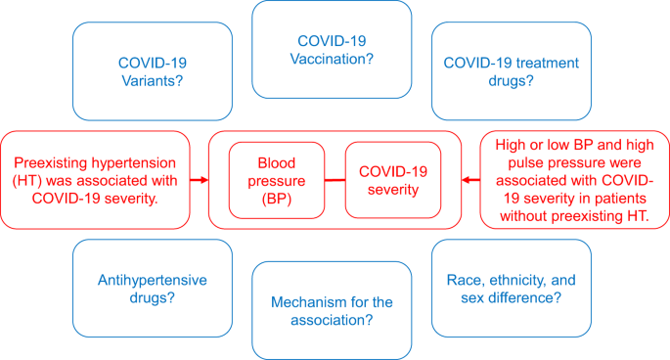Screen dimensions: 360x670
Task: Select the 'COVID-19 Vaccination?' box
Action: click(332, 49)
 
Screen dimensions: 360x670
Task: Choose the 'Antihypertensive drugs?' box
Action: click(153, 288)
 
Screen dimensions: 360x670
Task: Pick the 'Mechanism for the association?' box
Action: click(332, 309)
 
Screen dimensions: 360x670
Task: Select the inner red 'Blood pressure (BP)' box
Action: click(276, 180)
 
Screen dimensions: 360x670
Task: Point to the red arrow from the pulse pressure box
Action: click(470, 180)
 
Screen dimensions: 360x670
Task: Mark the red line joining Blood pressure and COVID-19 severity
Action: click(335, 180)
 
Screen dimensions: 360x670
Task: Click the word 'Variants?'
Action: click(153, 81)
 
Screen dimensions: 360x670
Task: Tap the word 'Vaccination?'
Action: click(332, 60)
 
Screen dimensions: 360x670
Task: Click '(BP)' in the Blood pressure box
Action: click(276, 200)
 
